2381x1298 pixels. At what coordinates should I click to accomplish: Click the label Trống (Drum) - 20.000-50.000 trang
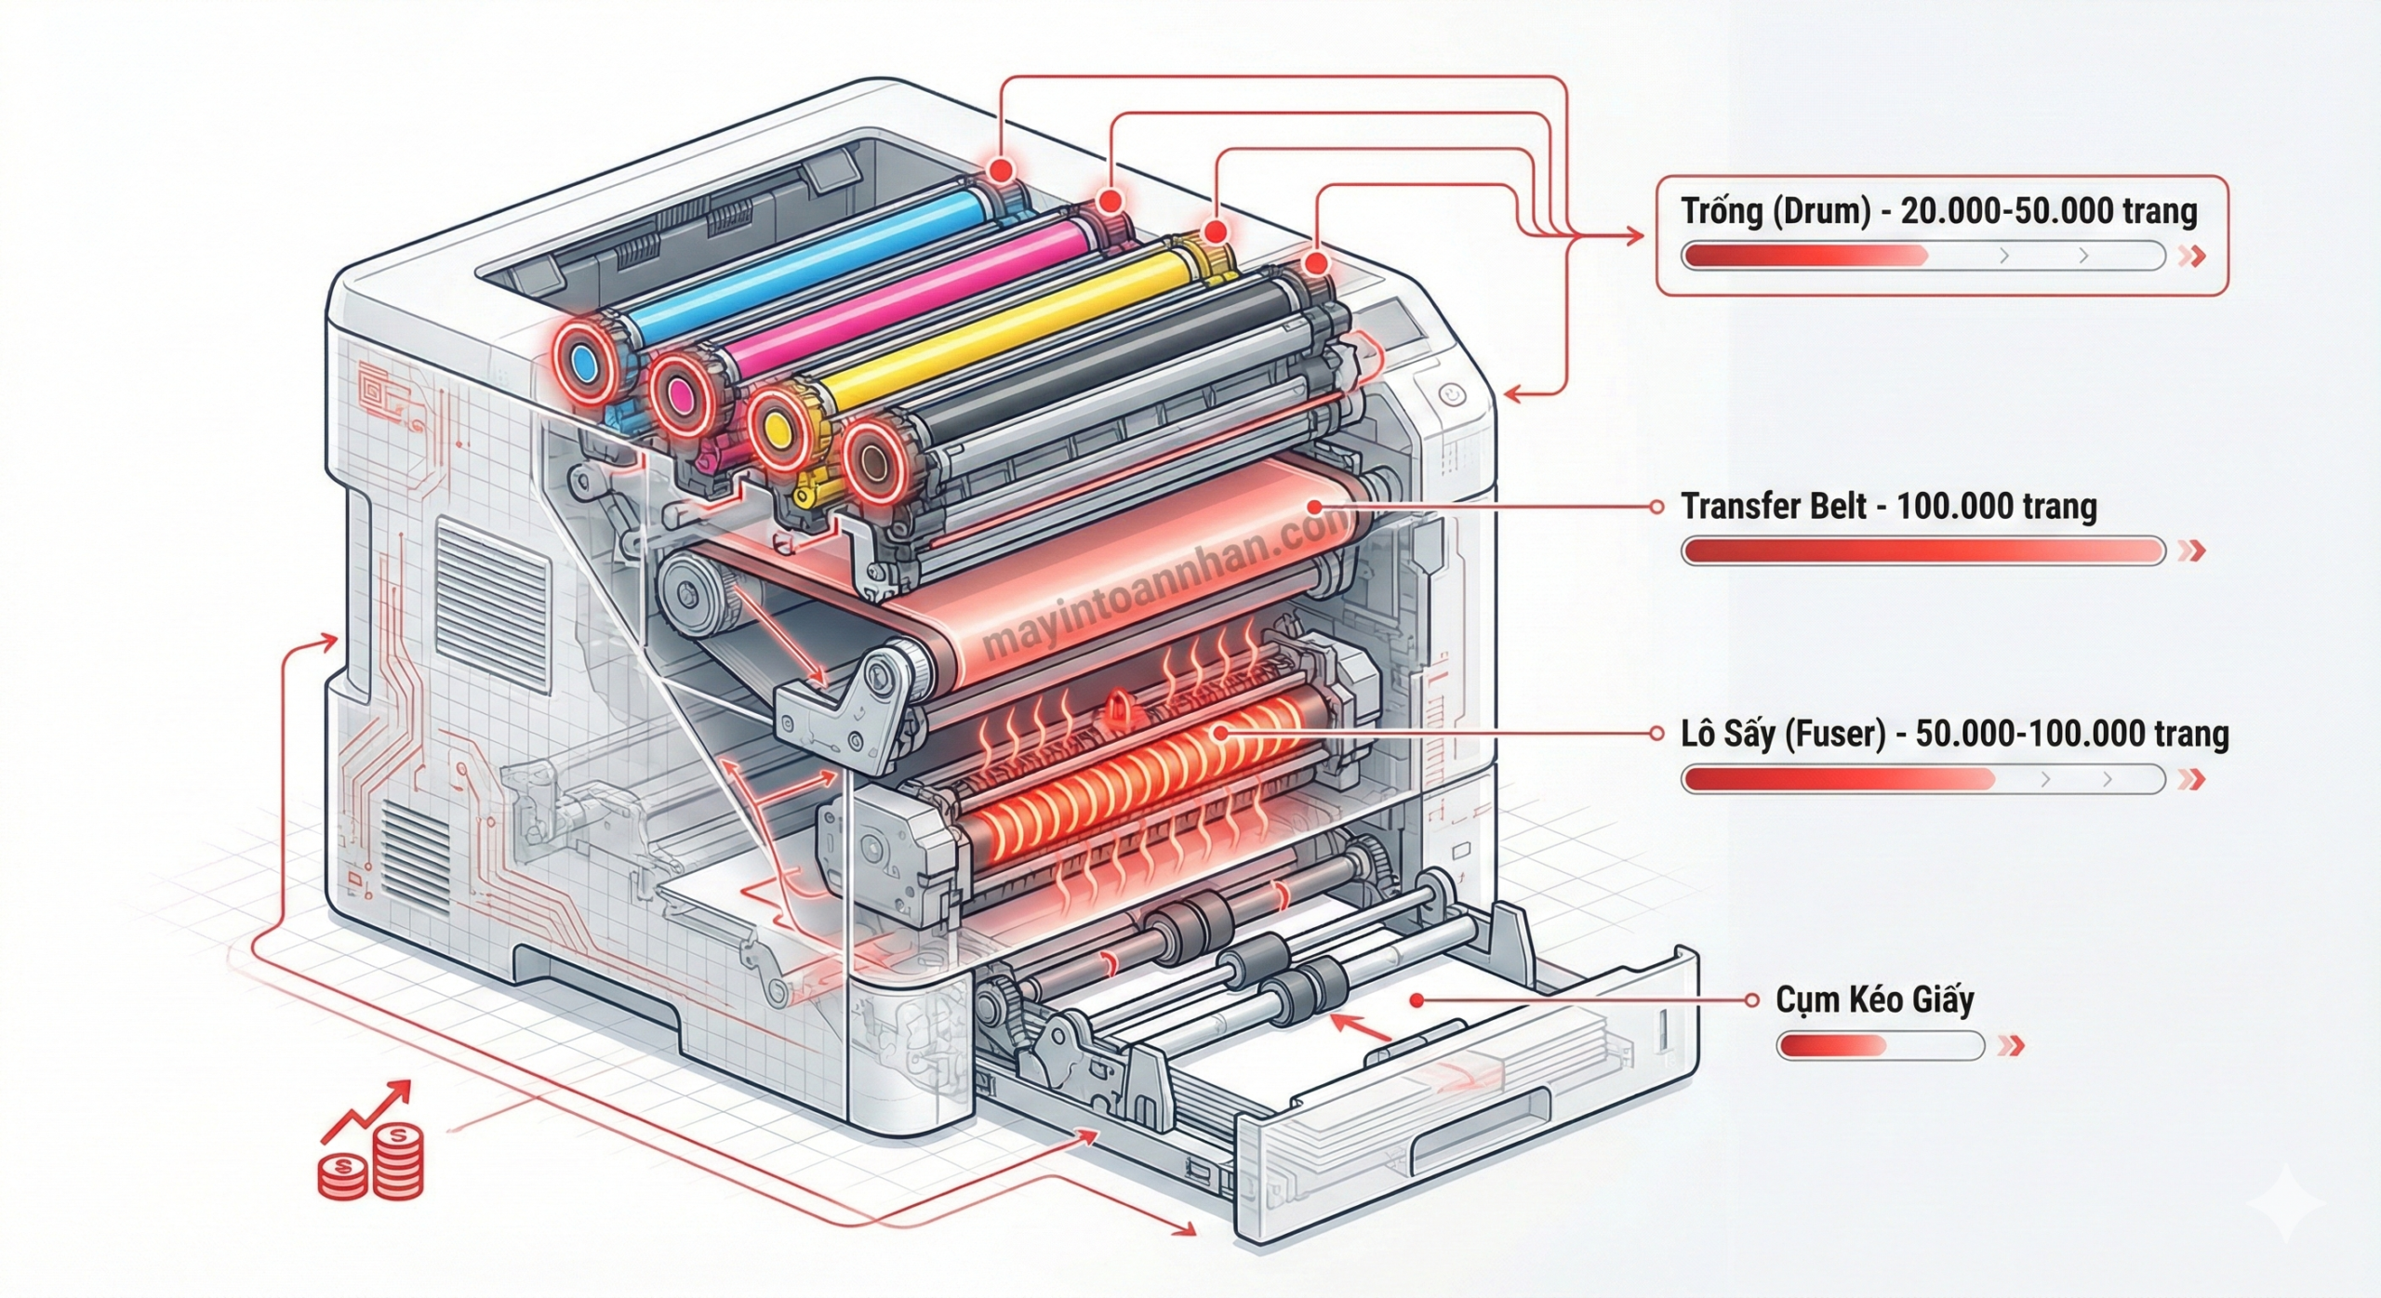(1938, 212)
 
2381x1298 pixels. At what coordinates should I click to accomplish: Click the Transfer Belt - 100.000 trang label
(1888, 507)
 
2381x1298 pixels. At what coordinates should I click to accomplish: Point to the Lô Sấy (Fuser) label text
(1954, 734)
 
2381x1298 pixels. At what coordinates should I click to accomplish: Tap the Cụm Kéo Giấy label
(1874, 1000)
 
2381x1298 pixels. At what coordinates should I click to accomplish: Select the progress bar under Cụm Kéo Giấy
(1880, 1046)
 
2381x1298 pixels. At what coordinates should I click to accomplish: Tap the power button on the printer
(1452, 395)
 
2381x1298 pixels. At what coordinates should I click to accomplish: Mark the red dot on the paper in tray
(1417, 1000)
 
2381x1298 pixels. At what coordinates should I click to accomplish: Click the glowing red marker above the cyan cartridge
(1001, 196)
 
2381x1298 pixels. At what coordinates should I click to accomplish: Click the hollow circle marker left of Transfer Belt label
(1656, 507)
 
